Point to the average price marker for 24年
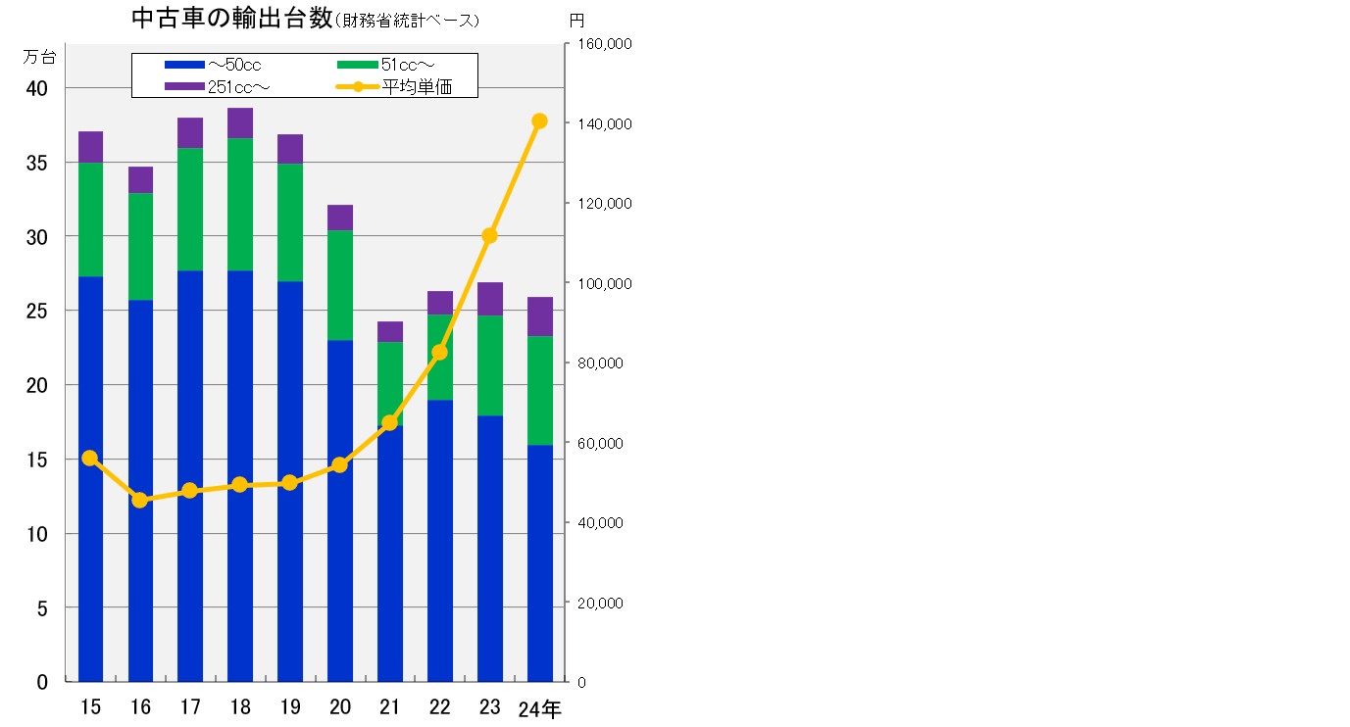[x=539, y=121]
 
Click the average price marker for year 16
[x=140, y=500]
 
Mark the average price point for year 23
[x=490, y=235]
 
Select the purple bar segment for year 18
[x=240, y=123]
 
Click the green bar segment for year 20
[x=340, y=285]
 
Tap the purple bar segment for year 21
[x=390, y=331]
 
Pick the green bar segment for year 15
[x=91, y=219]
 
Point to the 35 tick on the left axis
[x=36, y=163]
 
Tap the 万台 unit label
[x=39, y=56]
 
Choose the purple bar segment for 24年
[x=540, y=316]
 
